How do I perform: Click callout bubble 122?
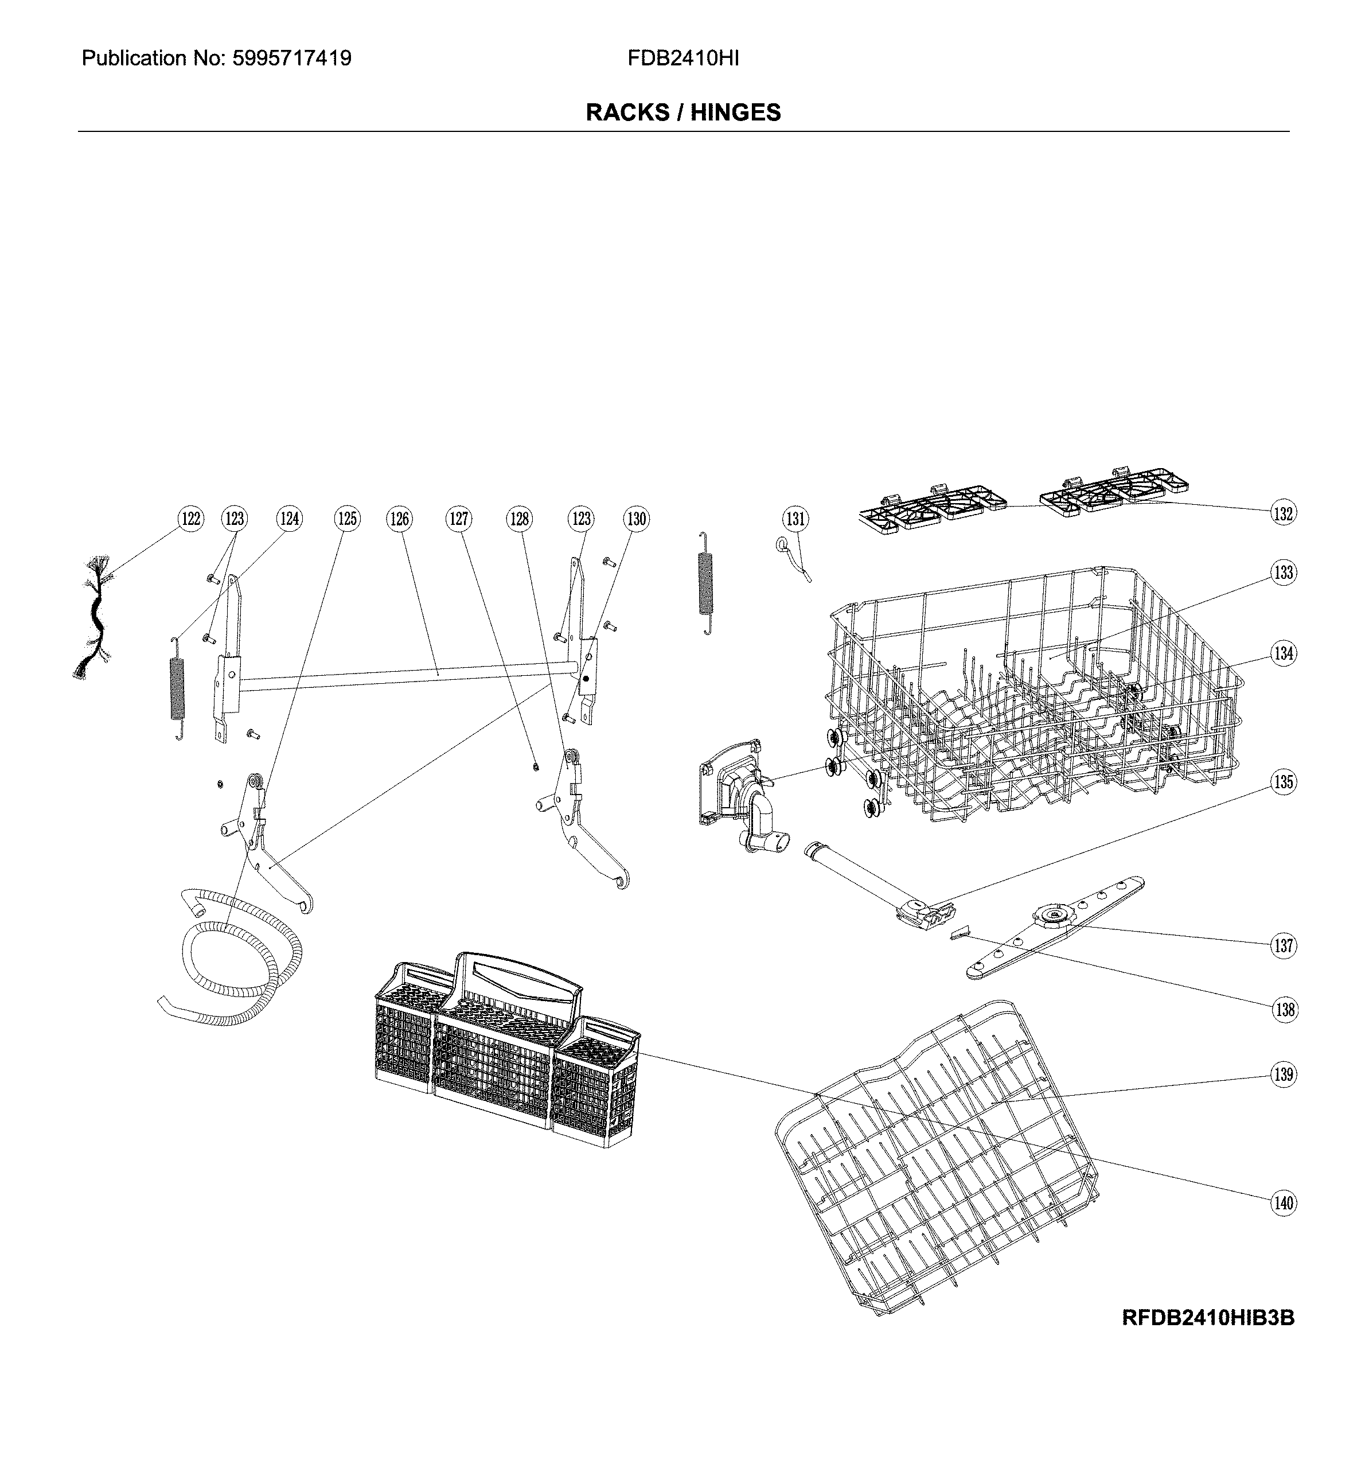coord(191,519)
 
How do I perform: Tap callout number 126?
coord(399,519)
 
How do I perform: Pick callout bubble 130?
coord(635,519)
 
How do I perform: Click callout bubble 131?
coord(795,519)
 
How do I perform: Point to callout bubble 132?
coord(1283,513)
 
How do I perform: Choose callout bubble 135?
coord(1284,781)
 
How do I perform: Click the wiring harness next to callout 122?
coord(94,618)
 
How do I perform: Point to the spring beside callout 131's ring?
coord(705,582)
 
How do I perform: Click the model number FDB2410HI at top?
coord(682,58)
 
